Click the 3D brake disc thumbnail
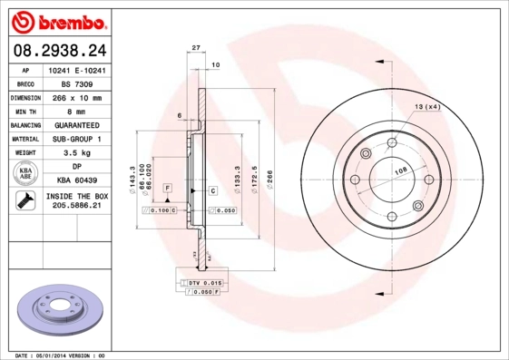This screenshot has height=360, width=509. click(61, 311)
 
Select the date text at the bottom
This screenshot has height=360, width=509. click(61, 355)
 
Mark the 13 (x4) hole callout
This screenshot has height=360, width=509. click(426, 108)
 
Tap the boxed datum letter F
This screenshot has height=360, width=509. click(168, 187)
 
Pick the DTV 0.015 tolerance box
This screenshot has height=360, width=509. click(204, 283)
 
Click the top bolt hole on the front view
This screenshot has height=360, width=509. click(391, 143)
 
